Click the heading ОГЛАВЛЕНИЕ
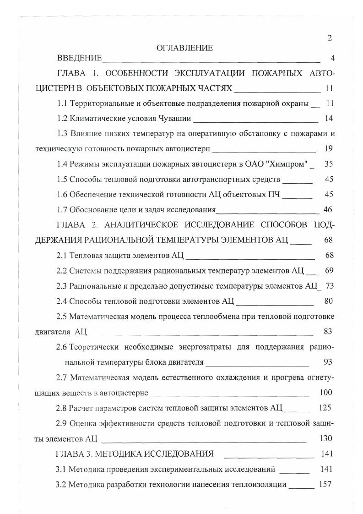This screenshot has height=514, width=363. coord(184,48)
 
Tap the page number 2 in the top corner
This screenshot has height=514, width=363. coord(330,38)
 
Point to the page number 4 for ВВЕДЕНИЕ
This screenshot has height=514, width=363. coord(333,59)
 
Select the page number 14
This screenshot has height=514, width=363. coord(329,118)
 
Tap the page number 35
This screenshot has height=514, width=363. coord(329,164)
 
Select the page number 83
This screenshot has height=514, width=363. coord(328,331)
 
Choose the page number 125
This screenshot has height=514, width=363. coord(325,408)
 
